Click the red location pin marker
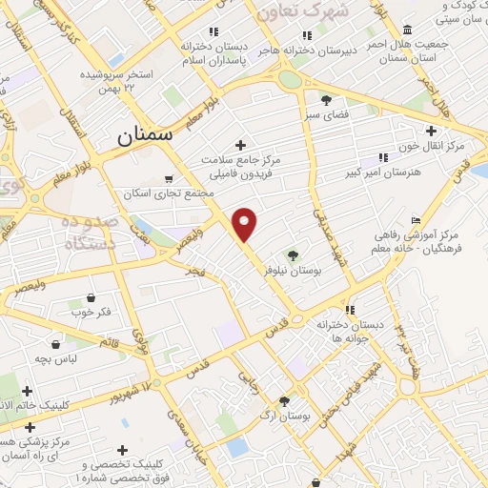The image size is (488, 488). [245, 224]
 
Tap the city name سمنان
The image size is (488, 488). [146, 134]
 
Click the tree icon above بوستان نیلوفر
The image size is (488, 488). [293, 254]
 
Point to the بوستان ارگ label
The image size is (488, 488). [283, 417]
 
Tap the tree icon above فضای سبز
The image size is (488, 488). [326, 100]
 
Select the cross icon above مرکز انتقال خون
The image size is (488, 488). [432, 131]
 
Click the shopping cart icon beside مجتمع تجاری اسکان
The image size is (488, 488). [170, 178]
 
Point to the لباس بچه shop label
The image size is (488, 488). [56, 359]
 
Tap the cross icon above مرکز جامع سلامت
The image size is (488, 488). [240, 144]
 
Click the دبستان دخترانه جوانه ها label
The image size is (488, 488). [358, 331]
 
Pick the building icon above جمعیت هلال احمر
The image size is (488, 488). [408, 29]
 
